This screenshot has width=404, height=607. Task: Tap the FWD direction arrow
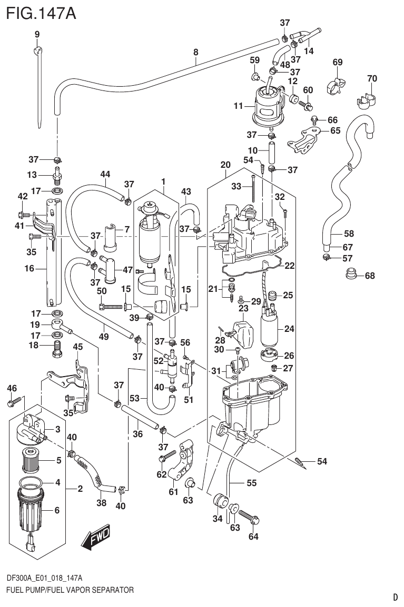point(96,538)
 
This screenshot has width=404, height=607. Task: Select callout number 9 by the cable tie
point(37,35)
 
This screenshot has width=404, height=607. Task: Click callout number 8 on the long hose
point(196,52)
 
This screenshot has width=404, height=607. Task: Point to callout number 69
point(338,63)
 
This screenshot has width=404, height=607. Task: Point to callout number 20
point(225,165)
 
